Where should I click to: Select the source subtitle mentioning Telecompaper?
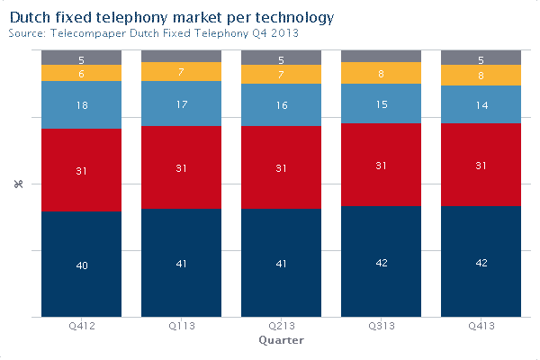click(x=153, y=33)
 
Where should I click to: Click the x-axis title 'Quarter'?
click(x=281, y=341)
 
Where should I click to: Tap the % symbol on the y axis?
click(x=17, y=184)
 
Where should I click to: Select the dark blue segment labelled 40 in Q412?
click(x=81, y=265)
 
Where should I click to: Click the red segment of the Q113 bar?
click(x=181, y=167)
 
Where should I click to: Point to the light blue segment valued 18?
click(x=81, y=105)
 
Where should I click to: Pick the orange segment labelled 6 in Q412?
click(x=81, y=74)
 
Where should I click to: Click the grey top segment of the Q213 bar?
click(x=281, y=58)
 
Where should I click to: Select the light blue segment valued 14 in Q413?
click(x=481, y=105)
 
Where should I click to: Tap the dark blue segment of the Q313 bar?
click(x=381, y=262)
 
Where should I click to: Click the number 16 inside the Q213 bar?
click(x=281, y=105)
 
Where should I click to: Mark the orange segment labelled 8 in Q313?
click(x=381, y=74)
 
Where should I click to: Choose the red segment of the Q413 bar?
click(x=481, y=166)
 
